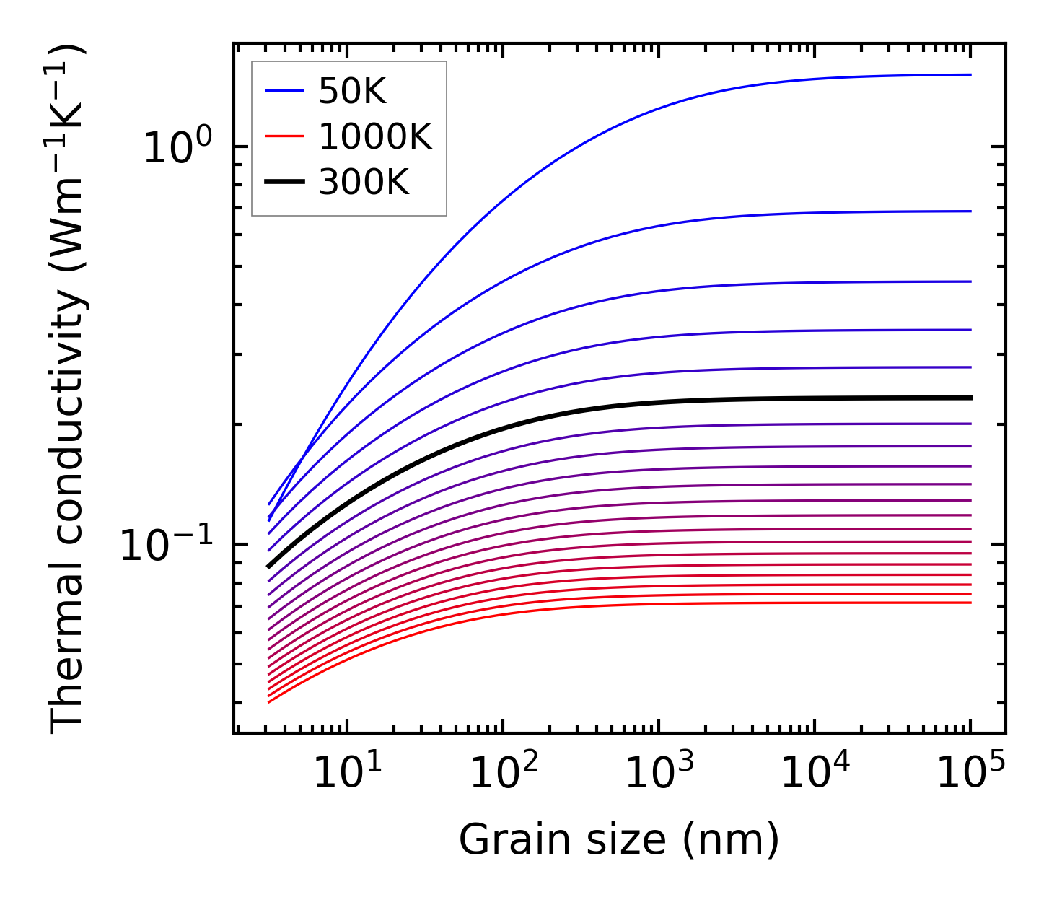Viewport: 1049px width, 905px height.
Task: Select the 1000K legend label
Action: pos(375,137)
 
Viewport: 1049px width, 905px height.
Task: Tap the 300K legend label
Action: pos(364,183)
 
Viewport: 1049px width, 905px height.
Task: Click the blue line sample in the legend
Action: pos(286,91)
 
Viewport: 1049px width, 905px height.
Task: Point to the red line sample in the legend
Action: pos(286,137)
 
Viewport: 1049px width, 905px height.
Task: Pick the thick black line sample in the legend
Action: pos(286,183)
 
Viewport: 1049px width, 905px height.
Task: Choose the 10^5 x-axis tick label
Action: pos(970,772)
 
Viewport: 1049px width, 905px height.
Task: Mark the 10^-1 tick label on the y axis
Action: pos(165,546)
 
